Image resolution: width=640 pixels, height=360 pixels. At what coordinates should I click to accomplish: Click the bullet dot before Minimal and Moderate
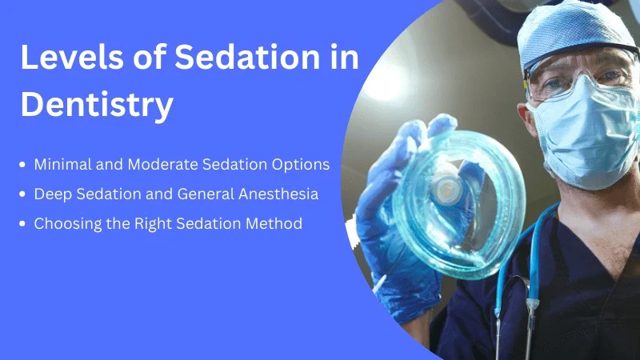pyautogui.click(x=22, y=165)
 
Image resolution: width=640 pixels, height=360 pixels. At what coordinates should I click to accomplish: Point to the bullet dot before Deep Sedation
pyautogui.click(x=22, y=194)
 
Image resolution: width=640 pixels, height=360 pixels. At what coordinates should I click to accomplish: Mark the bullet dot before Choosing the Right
pyautogui.click(x=22, y=224)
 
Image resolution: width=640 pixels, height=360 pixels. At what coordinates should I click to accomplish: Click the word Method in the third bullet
pyautogui.click(x=274, y=224)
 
